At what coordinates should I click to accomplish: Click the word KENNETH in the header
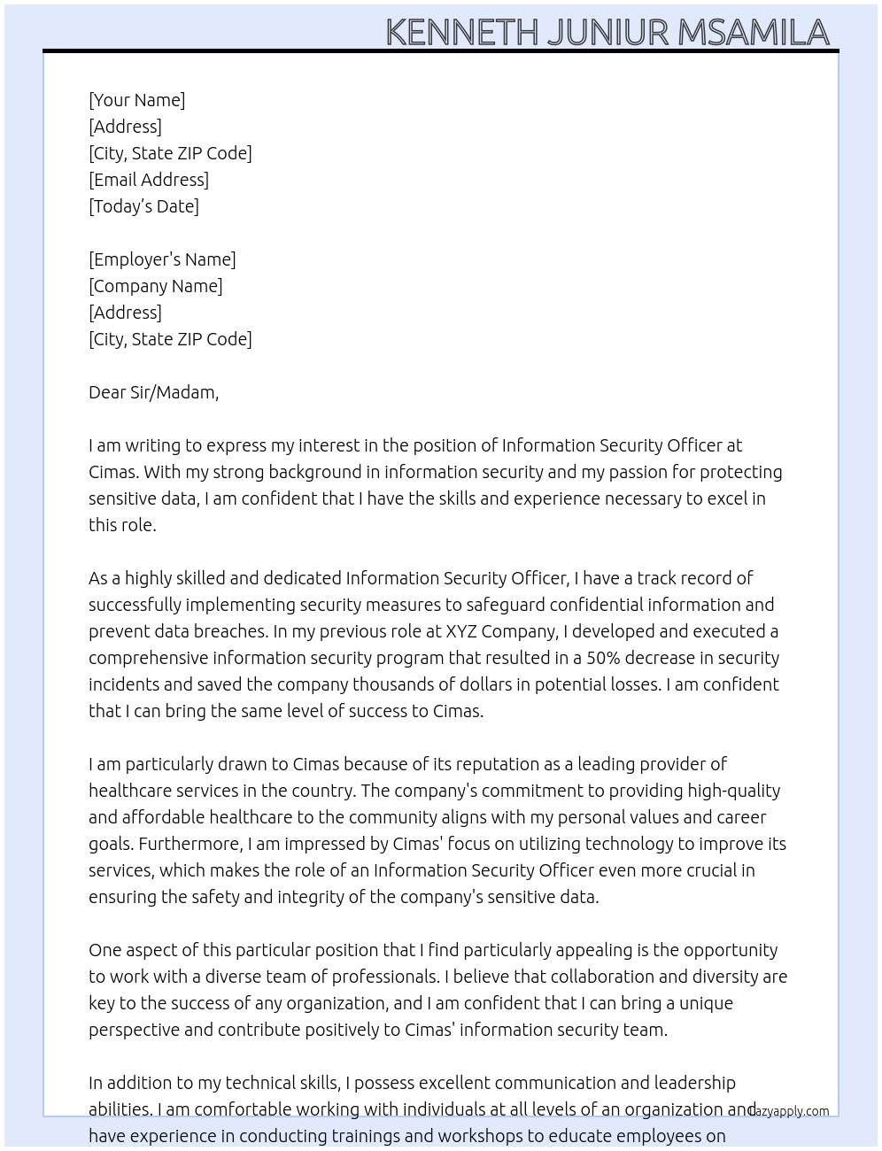461,32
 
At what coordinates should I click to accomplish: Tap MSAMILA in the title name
754,32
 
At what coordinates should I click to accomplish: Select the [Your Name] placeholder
136,100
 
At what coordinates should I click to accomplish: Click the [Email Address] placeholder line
149,180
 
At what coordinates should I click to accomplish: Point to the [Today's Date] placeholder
143,206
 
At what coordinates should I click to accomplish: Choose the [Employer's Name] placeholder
162,259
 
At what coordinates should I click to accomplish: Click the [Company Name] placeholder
155,286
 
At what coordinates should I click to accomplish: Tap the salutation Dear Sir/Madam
153,392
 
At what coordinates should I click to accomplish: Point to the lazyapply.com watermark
790,1111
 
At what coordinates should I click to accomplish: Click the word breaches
226,631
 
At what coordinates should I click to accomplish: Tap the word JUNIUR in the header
607,32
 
